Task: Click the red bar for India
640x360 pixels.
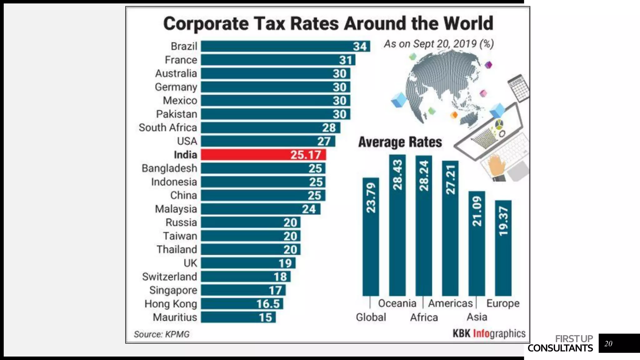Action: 263,154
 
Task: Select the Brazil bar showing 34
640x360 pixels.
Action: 285,46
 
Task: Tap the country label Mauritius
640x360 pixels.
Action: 175,317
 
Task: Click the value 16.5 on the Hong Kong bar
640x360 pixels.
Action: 268,304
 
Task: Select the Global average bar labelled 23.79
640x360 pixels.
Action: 371,237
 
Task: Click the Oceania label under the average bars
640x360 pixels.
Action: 397,303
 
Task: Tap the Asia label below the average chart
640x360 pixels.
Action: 477,317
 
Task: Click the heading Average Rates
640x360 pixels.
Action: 400,142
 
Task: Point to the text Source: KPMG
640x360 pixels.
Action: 162,334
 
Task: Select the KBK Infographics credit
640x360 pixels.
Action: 489,333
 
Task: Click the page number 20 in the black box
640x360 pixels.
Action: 608,343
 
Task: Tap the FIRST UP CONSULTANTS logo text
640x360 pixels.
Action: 560,343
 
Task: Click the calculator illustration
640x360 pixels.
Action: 518,88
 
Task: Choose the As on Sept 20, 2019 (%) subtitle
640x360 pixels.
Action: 439,44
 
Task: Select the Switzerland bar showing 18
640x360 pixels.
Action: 245,277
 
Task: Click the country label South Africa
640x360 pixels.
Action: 168,127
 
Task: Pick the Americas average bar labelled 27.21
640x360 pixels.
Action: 450,228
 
